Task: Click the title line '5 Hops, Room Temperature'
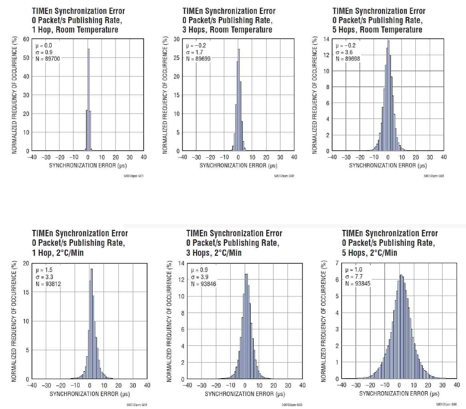(377, 29)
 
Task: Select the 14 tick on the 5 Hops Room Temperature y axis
(327, 39)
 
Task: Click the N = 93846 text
(204, 283)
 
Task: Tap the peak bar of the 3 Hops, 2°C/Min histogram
(246, 326)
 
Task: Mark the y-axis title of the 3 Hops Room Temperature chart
(166, 95)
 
